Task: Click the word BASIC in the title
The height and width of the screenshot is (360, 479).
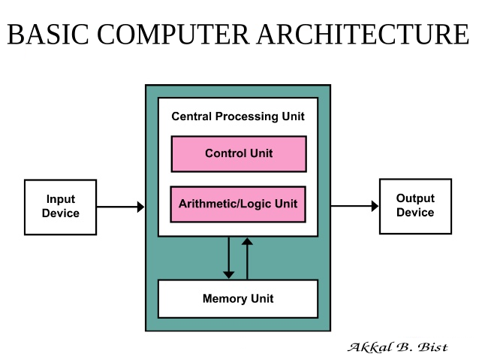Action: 49,35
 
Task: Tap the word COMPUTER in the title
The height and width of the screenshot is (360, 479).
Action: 174,35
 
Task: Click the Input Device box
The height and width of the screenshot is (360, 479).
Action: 60,207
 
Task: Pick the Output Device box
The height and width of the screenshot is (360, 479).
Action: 415,206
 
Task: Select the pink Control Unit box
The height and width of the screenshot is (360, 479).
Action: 238,153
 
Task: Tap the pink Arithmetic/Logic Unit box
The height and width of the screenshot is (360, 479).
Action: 238,204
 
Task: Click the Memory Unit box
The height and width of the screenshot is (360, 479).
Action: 237,298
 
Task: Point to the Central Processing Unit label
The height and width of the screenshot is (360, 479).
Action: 238,116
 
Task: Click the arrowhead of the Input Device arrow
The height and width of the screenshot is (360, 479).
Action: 140,207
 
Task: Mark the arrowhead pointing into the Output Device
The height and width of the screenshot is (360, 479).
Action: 375,206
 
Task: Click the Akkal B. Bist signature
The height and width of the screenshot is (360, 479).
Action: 397,346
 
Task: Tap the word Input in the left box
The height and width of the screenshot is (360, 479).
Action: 61,199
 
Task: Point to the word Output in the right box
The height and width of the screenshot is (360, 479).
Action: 415,198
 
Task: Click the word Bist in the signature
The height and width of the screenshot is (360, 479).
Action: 434,346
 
